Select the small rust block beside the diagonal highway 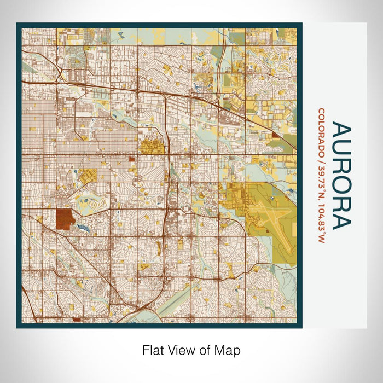(x=275, y=135)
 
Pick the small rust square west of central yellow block (x=132, y=159)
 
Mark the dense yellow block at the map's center (x=148, y=147)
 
